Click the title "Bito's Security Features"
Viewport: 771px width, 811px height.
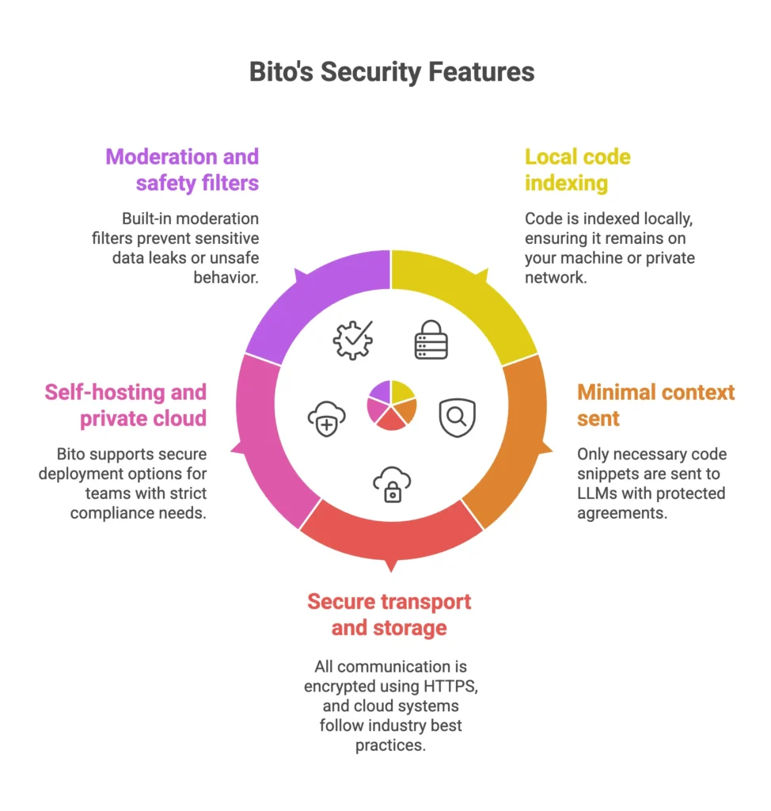pyautogui.click(x=391, y=72)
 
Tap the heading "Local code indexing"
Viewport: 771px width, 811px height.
pyautogui.click(x=577, y=169)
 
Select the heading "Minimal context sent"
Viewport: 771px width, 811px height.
pyautogui.click(x=655, y=405)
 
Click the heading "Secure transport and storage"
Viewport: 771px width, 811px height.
pyautogui.click(x=389, y=615)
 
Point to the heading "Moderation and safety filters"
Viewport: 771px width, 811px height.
pyautogui.click(x=182, y=169)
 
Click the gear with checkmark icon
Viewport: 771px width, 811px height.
pyautogui.click(x=352, y=341)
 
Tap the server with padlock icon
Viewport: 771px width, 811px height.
pyautogui.click(x=431, y=341)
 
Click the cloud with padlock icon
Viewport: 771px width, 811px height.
pyautogui.click(x=391, y=484)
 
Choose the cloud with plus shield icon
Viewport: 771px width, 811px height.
pyautogui.click(x=326, y=417)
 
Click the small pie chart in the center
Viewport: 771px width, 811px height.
pyautogui.click(x=391, y=405)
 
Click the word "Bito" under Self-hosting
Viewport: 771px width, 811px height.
pyautogui.click(x=74, y=455)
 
